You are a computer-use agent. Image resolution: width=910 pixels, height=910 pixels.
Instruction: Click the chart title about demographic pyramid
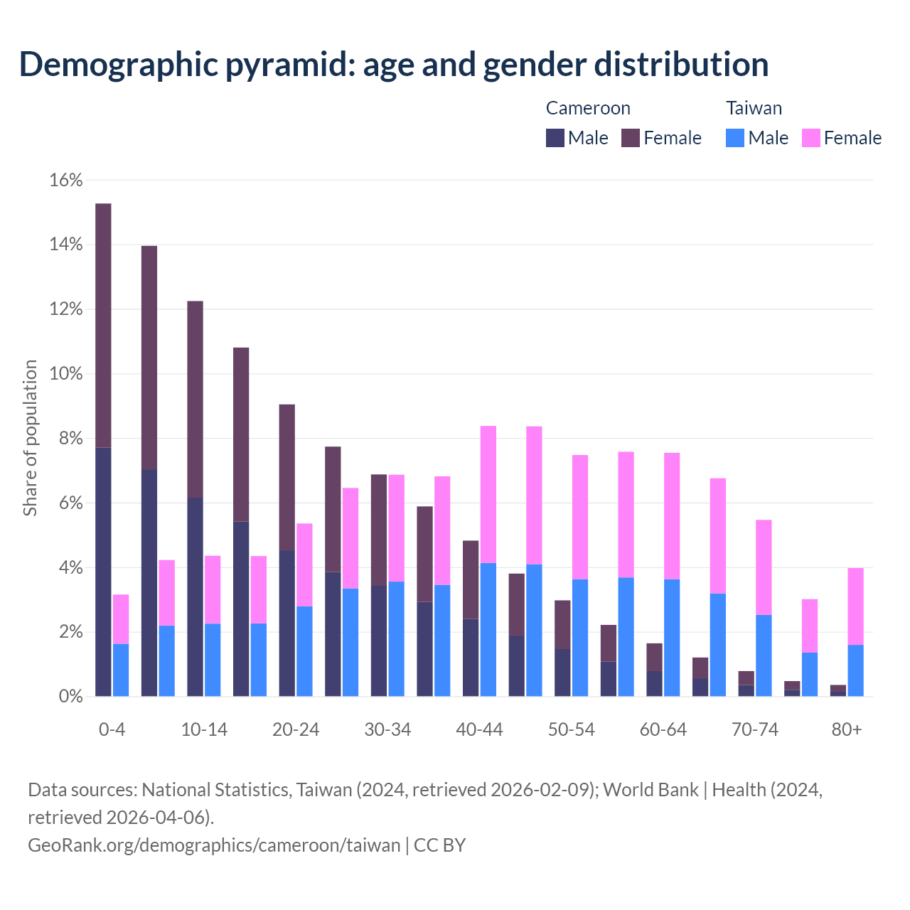point(394,64)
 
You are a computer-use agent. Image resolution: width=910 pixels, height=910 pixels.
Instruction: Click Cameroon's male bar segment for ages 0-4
point(103,572)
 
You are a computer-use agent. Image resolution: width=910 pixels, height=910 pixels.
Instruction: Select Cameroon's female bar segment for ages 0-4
point(103,326)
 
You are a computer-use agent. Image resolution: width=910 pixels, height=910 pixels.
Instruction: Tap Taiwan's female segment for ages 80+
point(855,606)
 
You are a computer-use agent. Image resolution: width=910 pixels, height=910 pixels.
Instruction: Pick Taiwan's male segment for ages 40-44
point(488,629)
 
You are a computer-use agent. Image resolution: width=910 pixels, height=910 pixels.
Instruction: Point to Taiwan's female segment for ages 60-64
point(672,516)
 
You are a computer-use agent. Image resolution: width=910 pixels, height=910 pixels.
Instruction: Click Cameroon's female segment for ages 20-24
point(287,477)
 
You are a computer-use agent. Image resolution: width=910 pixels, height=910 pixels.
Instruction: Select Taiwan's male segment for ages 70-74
point(764,655)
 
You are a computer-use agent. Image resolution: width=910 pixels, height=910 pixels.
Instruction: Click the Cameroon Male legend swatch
point(555,138)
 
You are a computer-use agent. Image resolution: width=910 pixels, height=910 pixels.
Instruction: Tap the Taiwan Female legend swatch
point(811,138)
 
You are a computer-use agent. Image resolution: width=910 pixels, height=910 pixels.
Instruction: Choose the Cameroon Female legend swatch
point(631,138)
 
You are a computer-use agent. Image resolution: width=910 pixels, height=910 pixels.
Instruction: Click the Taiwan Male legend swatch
point(735,138)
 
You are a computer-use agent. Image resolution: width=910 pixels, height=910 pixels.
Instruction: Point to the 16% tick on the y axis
point(66,181)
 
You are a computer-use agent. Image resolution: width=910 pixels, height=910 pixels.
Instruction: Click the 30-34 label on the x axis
point(387,730)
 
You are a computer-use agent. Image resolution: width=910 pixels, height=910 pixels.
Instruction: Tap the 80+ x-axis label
point(847,730)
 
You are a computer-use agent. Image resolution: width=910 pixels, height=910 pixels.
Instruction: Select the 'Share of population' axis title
point(31,438)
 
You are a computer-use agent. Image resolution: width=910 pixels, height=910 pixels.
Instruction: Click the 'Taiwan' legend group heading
point(754,108)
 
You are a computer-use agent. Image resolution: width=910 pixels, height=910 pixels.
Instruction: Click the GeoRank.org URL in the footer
point(214,845)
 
